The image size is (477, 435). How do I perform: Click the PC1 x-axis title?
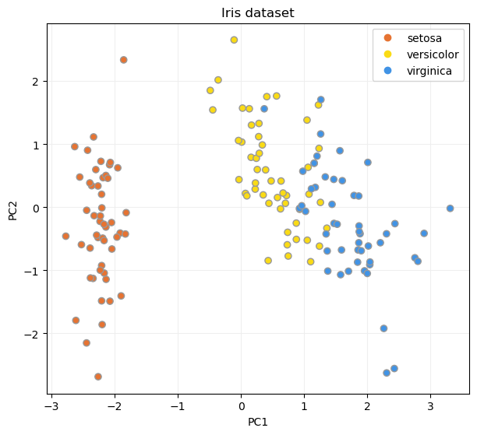258,421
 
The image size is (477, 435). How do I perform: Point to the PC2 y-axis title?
13,208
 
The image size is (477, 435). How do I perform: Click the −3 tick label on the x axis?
51,405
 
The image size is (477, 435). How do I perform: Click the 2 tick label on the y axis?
36,82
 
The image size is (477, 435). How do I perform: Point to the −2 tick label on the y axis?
33,334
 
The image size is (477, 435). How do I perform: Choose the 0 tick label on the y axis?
36,208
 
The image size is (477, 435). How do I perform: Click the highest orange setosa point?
123,60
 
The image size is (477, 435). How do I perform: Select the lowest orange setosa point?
98,377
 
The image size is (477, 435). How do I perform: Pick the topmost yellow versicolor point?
234,40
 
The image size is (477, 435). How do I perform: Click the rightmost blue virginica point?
450,209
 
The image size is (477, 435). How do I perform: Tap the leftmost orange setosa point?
65,236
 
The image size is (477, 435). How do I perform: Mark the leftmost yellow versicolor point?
210,90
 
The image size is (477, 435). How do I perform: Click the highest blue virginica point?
320,100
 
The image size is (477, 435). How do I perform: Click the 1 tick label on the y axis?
36,145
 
